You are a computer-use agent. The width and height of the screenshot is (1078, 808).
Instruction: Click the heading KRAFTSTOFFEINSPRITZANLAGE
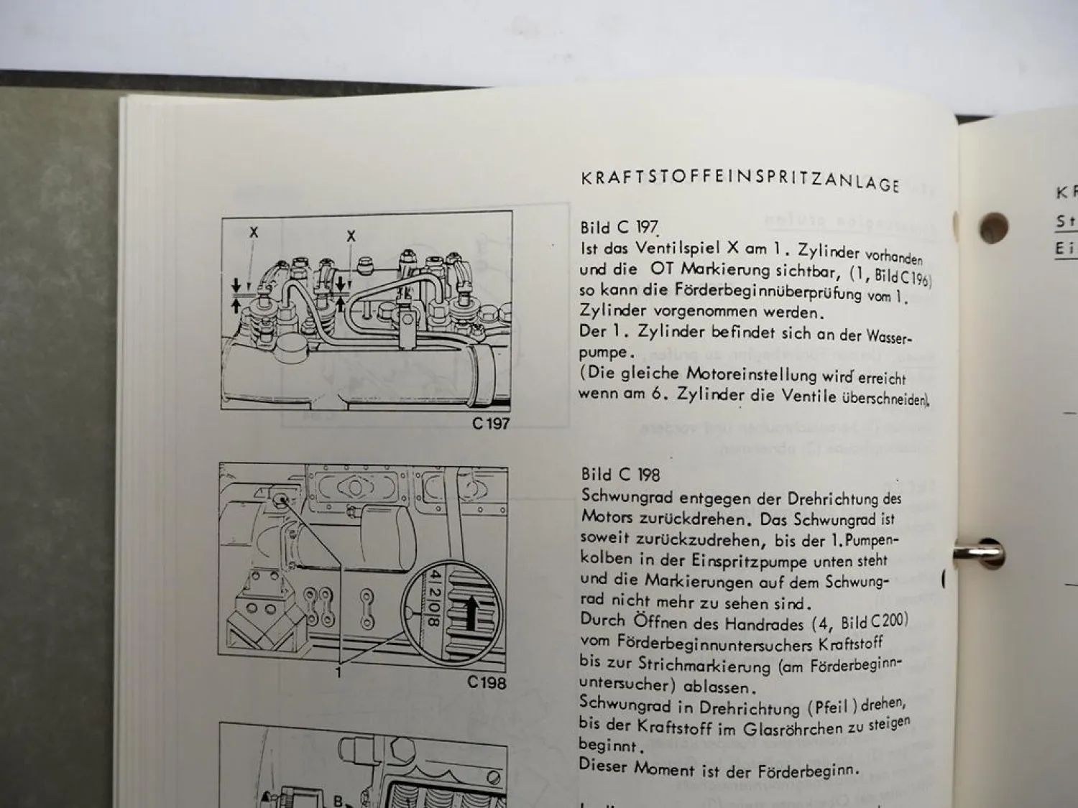click(x=740, y=180)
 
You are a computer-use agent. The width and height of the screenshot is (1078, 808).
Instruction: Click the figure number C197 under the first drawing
click(x=490, y=424)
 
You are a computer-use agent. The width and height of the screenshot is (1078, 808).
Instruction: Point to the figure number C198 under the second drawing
click(x=487, y=682)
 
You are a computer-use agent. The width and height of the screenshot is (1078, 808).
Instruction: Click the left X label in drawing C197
click(x=253, y=232)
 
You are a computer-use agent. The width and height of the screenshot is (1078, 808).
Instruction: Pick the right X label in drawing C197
click(x=351, y=236)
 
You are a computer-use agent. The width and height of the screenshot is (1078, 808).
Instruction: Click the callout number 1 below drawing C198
click(x=338, y=673)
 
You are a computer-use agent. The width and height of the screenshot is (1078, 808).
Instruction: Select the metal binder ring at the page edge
click(x=977, y=553)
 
